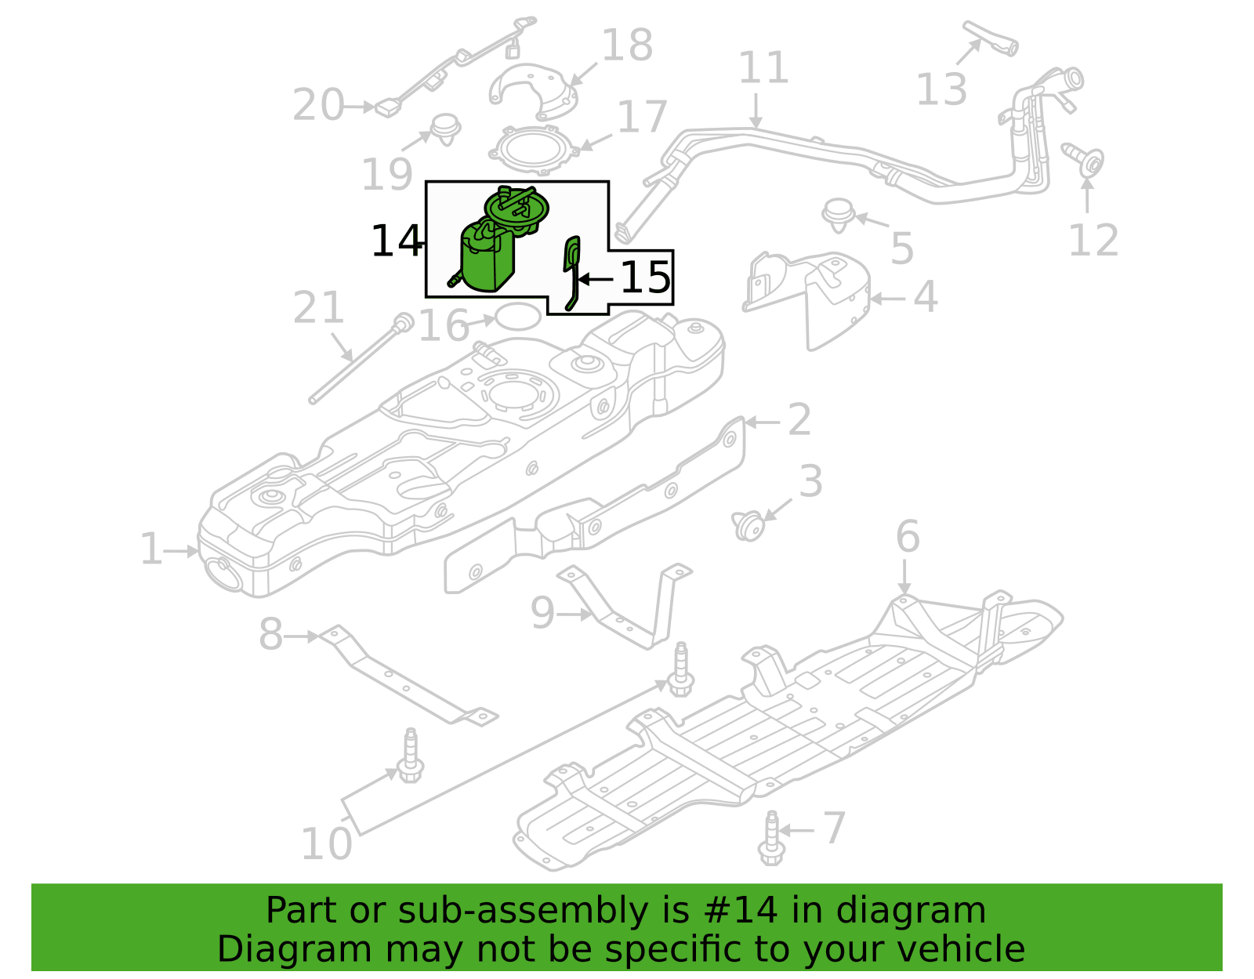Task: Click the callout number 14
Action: tap(397, 241)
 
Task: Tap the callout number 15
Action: tap(646, 277)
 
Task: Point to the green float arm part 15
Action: tap(571, 272)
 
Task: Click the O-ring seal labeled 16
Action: tap(519, 316)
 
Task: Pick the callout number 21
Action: tap(318, 307)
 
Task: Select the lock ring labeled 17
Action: tap(534, 150)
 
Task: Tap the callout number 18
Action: tap(627, 45)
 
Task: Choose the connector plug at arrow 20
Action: tap(388, 108)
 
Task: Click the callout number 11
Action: tap(763, 67)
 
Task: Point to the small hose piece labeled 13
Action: tap(991, 38)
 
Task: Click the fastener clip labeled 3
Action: tap(748, 525)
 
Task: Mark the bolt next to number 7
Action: tap(771, 838)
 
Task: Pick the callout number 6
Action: tap(908, 536)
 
